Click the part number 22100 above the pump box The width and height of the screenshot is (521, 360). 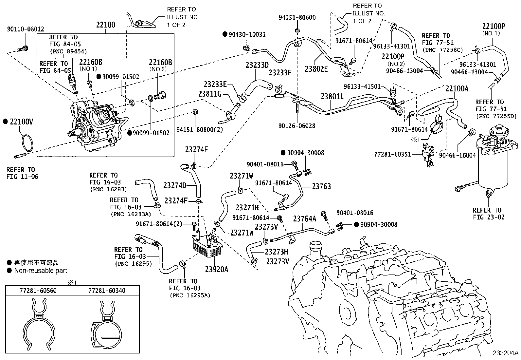(105, 25)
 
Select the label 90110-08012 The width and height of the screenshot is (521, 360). (25, 29)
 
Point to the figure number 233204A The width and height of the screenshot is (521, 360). (506, 353)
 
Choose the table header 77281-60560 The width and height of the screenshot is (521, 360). (39, 291)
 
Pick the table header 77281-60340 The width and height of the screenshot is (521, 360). (107, 291)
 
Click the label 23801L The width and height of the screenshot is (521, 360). (332, 97)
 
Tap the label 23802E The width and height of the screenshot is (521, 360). (316, 68)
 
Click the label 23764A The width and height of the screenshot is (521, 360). (304, 218)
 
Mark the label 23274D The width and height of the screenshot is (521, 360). (175, 186)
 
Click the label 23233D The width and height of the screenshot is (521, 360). (257, 65)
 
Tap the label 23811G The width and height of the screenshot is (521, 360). (210, 94)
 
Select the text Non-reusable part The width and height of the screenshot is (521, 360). (41, 271)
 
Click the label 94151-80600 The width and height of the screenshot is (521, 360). (297, 17)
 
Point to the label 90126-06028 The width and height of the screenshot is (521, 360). (297, 126)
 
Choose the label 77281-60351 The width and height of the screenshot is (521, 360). (393, 154)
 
